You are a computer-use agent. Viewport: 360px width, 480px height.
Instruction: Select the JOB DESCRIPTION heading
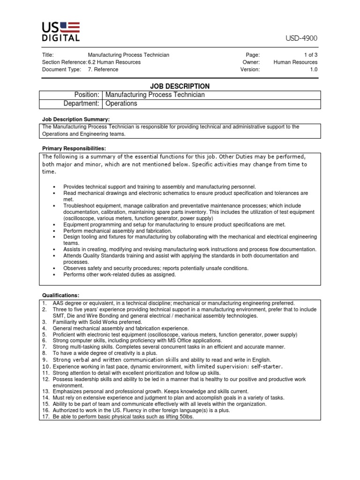[x=180, y=86]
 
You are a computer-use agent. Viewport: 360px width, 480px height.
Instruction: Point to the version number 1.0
[x=313, y=69]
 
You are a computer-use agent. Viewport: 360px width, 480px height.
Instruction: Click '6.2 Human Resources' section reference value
[x=114, y=62]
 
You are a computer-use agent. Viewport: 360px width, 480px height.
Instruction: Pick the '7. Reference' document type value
[x=103, y=69]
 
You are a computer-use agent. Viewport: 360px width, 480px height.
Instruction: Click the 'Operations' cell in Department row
[x=121, y=104]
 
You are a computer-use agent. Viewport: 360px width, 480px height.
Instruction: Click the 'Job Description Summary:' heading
[x=76, y=120]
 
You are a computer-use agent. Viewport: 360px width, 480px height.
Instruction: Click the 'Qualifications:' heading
[x=61, y=295]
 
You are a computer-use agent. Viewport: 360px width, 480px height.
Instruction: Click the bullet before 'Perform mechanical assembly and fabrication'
[x=54, y=231]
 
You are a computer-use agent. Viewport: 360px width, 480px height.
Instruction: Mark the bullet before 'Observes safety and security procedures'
[x=54, y=269]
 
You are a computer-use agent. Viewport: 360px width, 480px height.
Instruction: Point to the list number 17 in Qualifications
[x=46, y=416]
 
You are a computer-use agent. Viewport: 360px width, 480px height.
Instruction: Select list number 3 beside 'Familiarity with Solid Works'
[x=44, y=322]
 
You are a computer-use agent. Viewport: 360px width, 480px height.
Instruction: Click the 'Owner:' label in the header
[x=251, y=62]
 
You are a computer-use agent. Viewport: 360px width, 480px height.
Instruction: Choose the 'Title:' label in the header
[x=48, y=55]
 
